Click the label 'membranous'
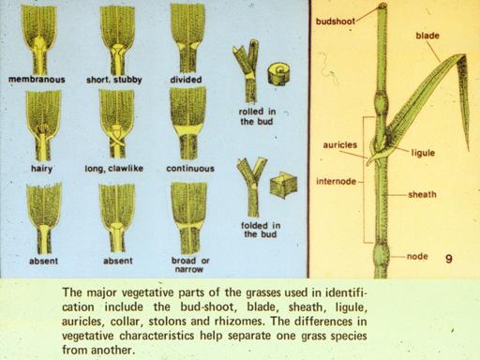point(37,80)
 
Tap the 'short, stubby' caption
point(114,80)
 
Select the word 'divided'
point(186,80)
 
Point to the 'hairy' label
point(41,169)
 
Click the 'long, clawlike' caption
point(114,169)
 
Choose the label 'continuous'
point(190,169)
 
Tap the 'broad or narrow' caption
point(190,264)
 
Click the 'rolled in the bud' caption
point(257,116)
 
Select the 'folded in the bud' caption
point(261,230)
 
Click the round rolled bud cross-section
point(279,74)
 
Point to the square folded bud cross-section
point(283,186)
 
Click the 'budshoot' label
point(336,22)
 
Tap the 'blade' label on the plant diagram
point(427,36)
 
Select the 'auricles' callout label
point(339,145)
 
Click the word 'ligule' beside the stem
point(423,153)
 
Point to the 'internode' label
point(336,181)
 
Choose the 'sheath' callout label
point(422,194)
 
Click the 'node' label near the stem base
point(417,257)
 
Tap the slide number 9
point(449,259)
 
